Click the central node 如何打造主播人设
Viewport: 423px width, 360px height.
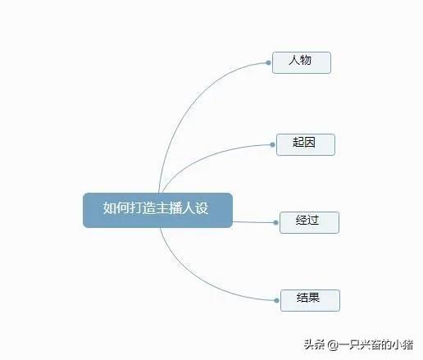(158, 210)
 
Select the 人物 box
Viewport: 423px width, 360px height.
(302, 62)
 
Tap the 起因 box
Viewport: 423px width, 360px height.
(306, 144)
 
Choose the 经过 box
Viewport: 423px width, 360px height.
(310, 222)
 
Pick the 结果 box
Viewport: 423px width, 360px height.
(311, 300)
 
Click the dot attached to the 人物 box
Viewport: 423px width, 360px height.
(268, 63)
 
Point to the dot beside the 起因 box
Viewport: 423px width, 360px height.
(272, 145)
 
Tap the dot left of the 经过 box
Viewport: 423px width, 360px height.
(276, 222)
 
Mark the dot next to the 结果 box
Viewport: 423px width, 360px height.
(276, 300)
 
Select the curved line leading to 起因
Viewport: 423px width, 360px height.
(207, 157)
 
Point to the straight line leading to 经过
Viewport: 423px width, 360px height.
(253, 222)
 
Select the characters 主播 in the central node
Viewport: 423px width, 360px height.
(169, 208)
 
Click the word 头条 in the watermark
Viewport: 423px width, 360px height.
(314, 344)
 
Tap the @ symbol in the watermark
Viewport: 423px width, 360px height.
(333, 344)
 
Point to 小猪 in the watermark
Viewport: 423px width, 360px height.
(403, 344)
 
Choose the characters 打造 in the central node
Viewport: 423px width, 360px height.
(143, 208)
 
